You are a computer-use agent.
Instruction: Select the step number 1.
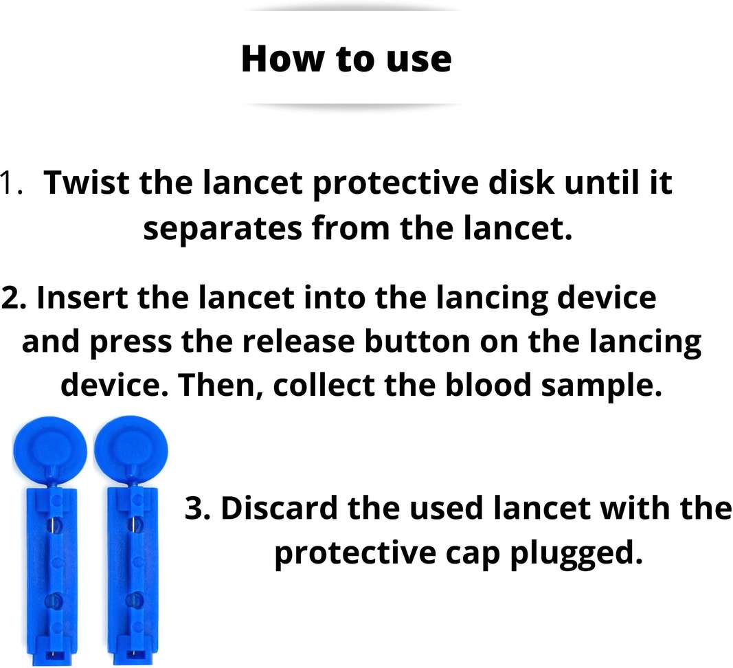point(11,184)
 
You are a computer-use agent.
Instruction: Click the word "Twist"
point(87,183)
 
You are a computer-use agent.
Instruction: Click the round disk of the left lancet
point(49,451)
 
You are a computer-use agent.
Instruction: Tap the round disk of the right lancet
point(131,451)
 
